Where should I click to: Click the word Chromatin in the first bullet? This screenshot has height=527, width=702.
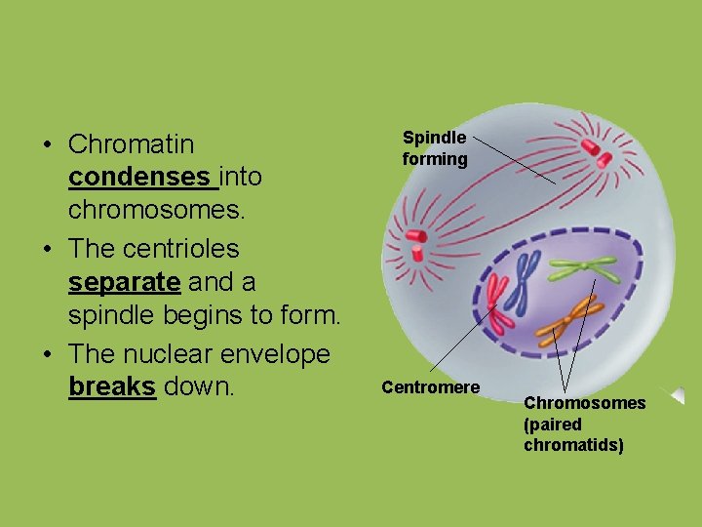tap(131, 144)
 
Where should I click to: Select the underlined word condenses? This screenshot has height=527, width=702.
tap(139, 179)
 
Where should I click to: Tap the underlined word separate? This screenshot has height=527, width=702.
tap(124, 283)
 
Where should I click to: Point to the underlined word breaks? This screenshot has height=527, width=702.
tap(111, 387)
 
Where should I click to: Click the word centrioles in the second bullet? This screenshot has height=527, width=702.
tap(182, 249)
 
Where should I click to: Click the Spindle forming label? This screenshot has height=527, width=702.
tap(435, 148)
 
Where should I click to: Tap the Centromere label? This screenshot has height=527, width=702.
tap(430, 387)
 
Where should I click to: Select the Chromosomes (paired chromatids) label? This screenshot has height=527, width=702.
tap(583, 424)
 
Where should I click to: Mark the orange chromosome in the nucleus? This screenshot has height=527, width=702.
tap(568, 314)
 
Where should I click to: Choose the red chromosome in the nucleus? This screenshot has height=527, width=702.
tap(498, 303)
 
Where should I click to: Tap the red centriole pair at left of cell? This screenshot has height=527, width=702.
tap(416, 243)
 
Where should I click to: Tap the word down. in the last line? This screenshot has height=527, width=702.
tap(199, 387)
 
